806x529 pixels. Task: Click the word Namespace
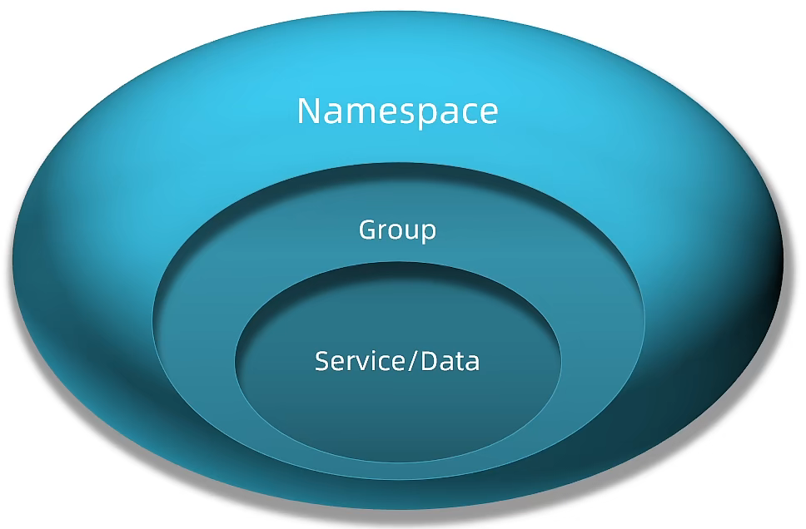(397, 111)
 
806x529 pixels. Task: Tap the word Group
(397, 230)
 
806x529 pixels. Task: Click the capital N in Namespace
(309, 111)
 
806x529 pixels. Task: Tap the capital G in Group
(367, 229)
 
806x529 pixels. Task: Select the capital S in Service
(322, 362)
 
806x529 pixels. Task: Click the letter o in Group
(394, 230)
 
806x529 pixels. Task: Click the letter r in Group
(382, 230)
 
